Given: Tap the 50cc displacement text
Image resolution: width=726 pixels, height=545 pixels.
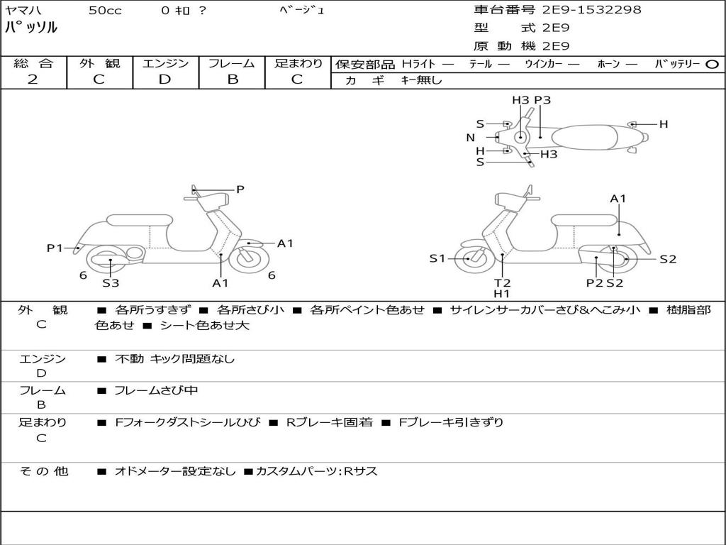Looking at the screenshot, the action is [105, 11].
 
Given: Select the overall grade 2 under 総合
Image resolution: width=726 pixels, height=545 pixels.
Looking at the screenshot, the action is [33, 79].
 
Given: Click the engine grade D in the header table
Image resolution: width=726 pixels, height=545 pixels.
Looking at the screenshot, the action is [164, 79].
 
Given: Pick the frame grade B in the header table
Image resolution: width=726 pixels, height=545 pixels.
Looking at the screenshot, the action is [232, 79].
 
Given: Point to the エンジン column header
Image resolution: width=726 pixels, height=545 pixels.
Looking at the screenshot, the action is [165, 63].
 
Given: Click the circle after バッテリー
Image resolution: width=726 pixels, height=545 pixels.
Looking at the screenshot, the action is [712, 64].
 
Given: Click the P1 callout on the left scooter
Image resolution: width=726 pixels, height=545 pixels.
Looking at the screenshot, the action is [55, 248].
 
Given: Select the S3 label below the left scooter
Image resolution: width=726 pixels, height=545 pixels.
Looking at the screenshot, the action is [111, 283].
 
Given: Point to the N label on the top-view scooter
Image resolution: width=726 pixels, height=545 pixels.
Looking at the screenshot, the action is [470, 138].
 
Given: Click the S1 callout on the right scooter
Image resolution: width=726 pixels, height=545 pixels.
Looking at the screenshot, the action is [437, 258].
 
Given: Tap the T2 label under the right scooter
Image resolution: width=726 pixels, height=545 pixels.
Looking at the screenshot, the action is [502, 282].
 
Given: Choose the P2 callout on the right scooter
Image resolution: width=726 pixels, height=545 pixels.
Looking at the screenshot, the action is [594, 282].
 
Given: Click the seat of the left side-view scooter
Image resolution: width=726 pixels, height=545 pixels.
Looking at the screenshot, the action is [139, 219].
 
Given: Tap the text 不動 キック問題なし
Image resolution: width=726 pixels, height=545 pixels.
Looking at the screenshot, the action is [174, 359].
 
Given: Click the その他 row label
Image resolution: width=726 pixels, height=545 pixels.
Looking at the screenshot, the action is [43, 470].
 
